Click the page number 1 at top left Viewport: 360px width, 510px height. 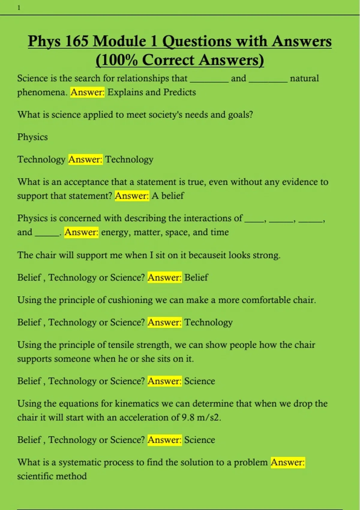pyautogui.click(x=19, y=8)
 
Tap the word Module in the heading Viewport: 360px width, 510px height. pyautogui.click(x=125, y=41)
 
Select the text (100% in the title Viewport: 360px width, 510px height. pyautogui.click(x=117, y=60)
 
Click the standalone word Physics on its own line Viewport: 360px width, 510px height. pyautogui.click(x=32, y=137)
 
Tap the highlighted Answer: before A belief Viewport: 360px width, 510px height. pyautogui.click(x=132, y=196)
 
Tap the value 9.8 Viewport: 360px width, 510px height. pyautogui.click(x=188, y=418)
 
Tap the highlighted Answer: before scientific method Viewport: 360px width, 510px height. pyautogui.click(x=287, y=462)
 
